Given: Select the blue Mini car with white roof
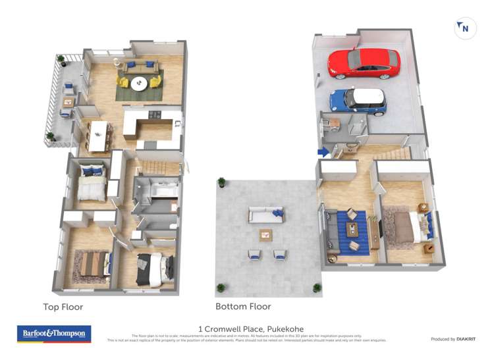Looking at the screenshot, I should coord(358,101).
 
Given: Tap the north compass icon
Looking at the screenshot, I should coord(465,28).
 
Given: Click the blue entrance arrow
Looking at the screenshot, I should coord(323,152).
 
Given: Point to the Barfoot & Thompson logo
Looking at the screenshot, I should coord(53,334).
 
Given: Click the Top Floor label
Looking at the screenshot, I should coord(63,307).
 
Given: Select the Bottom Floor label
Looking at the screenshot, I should coord(243,306).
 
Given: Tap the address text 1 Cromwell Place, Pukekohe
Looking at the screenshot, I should coord(251,329).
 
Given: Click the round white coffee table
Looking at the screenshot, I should coord(139,84).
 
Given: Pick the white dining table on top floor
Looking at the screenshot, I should coord(97,135).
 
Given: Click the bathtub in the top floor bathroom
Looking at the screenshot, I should coord(164,189).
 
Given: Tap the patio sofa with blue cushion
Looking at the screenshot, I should coord(266,215).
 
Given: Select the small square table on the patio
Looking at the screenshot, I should coord(266,234).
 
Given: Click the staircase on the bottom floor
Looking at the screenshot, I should coord(393,153).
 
